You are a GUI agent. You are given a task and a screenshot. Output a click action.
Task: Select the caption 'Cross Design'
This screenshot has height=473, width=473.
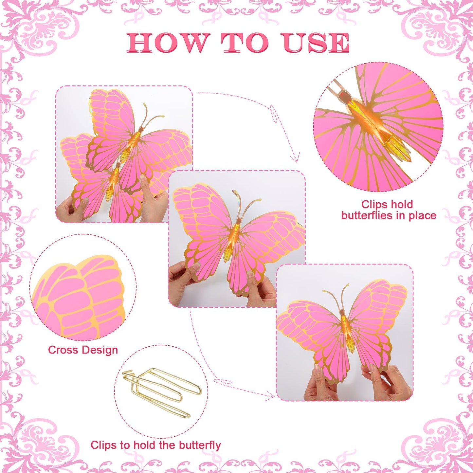pos(83,350)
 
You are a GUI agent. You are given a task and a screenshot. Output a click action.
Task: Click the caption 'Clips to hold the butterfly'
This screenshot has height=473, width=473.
pos(155,438)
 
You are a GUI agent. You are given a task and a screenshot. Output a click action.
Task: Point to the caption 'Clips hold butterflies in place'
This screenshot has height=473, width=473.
pos(389,209)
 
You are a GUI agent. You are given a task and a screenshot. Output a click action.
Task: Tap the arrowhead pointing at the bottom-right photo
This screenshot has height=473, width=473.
pos(271,396)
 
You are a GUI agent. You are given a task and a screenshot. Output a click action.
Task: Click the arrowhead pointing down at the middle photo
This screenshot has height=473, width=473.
pos(297,157)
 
